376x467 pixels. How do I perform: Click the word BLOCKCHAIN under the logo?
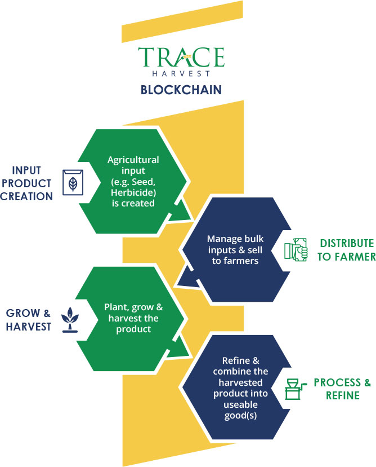(181, 90)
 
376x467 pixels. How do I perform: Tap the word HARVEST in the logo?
(181, 73)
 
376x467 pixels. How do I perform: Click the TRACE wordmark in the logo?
(181, 57)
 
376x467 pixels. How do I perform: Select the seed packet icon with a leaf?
(73, 182)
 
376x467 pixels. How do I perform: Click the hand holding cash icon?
(296, 250)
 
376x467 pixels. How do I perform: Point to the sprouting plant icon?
(70, 320)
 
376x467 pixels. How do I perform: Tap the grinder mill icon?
(294, 389)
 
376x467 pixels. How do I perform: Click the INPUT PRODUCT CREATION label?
(26, 183)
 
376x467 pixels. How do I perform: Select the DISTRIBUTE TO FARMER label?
(346, 250)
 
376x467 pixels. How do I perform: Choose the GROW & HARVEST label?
(28, 320)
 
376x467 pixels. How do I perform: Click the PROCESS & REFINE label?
(342, 389)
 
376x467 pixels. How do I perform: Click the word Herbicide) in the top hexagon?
(133, 192)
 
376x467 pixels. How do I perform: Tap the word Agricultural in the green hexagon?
(133, 160)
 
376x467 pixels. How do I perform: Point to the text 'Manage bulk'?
(235, 239)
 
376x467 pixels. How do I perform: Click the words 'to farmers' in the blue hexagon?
(235, 261)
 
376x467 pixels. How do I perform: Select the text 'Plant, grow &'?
(133, 307)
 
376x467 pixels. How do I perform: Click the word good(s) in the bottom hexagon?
(240, 416)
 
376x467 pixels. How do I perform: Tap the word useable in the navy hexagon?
(240, 404)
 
